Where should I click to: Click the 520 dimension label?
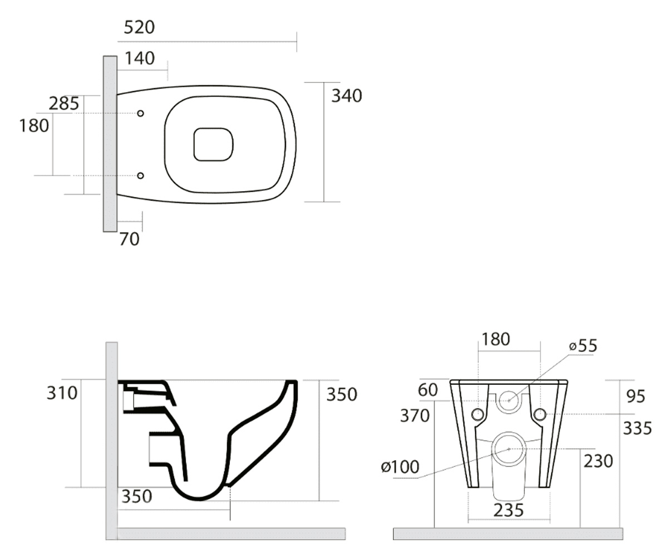coord(139,27)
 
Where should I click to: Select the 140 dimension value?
coord(140,58)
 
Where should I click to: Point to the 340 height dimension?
coord(346,96)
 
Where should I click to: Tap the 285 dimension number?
coord(63,104)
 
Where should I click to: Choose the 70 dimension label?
coord(129,239)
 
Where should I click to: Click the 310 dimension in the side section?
coord(62,393)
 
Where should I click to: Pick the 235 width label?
coord(509,510)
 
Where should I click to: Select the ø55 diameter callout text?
coord(583,346)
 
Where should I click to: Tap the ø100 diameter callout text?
coord(400,467)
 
